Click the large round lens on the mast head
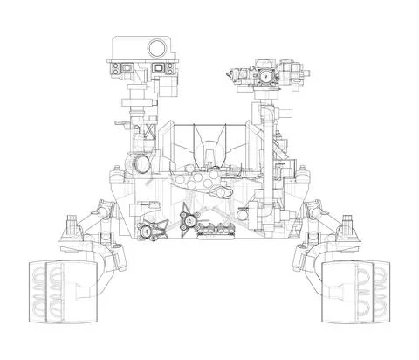tap(157, 48)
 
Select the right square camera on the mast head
tap(160, 67)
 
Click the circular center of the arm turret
tap(259, 78)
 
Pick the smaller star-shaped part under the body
tap(154, 232)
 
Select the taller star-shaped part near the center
tap(188, 220)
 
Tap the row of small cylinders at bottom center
tap(216, 230)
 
